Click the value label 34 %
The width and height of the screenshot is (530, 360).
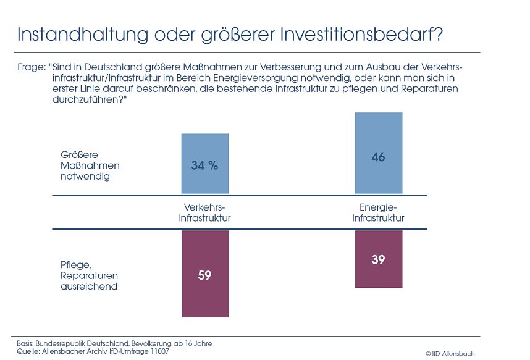[204, 165]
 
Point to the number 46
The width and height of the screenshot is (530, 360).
[378, 157]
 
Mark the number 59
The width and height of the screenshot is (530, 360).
[204, 275]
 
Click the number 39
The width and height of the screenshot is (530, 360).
[378, 260]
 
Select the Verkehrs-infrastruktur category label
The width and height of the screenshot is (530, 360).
[204, 213]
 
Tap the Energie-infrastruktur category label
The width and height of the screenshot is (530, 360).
[378, 213]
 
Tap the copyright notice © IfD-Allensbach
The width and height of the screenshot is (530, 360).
[450, 353]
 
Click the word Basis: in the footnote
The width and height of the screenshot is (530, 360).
[25, 343]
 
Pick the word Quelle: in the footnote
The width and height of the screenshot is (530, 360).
[27, 351]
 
